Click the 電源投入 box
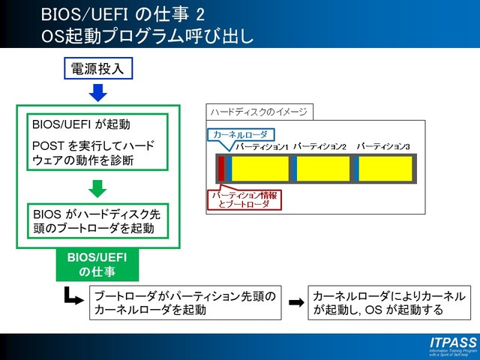(99, 70)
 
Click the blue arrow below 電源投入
(99, 94)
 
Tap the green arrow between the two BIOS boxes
(99, 187)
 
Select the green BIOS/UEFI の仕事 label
(97, 265)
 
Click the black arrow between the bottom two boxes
(297, 302)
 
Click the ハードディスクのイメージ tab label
(259, 112)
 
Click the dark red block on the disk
(221, 168)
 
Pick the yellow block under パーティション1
(260, 168)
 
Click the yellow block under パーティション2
(324, 168)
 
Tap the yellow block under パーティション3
(385, 168)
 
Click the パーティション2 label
(320, 147)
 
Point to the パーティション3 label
(384, 147)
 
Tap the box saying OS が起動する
(389, 302)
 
